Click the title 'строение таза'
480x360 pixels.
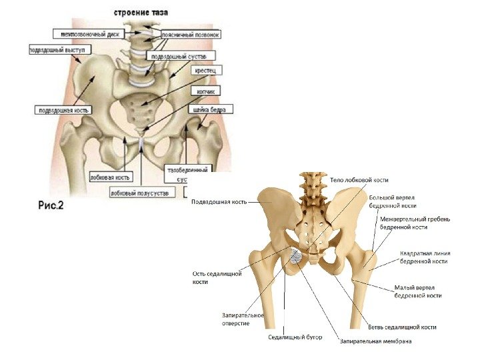(141, 13)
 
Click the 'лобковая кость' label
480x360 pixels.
(111, 177)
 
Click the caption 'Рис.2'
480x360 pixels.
(49, 205)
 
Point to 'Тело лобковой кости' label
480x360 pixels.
(359, 180)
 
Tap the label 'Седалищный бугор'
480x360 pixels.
(295, 337)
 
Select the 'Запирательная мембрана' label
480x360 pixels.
(375, 341)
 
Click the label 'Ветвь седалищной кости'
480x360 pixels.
(402, 327)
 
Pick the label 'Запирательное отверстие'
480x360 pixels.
(243, 319)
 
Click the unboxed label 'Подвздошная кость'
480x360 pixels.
(219, 201)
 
